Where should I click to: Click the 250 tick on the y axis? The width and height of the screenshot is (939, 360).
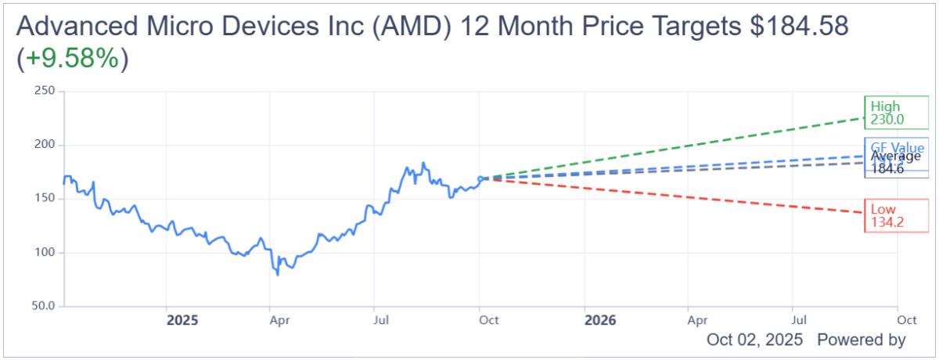[45, 92]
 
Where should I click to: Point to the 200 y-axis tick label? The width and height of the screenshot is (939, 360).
[45, 146]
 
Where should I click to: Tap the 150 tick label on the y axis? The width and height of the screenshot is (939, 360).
[45, 199]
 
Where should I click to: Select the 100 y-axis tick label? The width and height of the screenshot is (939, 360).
[45, 253]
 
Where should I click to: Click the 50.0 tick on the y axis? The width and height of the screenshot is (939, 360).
[43, 306]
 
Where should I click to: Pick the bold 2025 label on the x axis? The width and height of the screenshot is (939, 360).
[182, 320]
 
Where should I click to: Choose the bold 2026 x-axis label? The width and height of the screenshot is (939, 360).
[599, 320]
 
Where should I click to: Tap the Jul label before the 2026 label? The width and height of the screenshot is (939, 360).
[381, 320]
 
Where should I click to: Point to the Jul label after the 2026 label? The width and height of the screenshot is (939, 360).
[799, 320]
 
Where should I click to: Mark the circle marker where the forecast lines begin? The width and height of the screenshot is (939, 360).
[480, 178]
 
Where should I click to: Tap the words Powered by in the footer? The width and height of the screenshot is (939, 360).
[861, 340]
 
